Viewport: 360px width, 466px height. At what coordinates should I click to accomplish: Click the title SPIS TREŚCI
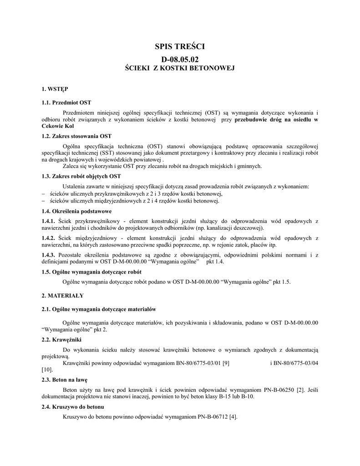pos(180,46)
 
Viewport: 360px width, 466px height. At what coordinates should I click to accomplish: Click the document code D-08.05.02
pos(180,59)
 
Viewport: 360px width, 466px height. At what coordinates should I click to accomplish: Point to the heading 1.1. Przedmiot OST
pos(66,102)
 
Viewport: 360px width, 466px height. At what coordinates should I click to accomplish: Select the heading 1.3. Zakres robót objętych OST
pos(81,177)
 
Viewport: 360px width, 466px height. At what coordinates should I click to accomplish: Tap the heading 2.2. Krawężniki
pos(62,339)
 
